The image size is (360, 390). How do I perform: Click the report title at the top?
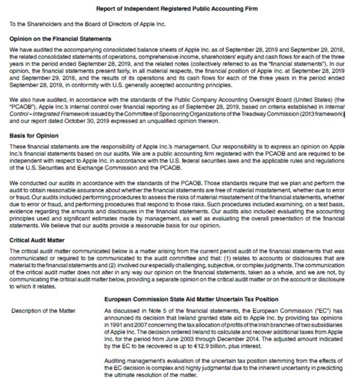pyautogui.click(x=180, y=9)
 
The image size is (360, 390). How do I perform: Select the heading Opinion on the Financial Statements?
pyautogui.click(x=60, y=40)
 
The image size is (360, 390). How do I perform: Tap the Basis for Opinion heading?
pyautogui.click(x=34, y=135)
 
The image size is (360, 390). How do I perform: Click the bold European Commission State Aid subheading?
pyautogui.click(x=191, y=299)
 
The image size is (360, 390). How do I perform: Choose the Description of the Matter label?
pyautogui.click(x=43, y=311)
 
